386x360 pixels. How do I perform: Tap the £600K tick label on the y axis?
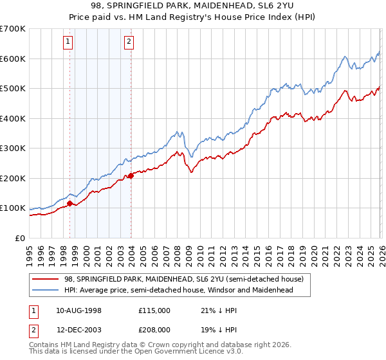(x=12, y=59)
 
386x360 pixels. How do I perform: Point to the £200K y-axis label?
(x=12, y=178)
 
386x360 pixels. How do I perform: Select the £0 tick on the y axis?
(x=20, y=238)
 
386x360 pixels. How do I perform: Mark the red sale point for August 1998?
(x=69, y=203)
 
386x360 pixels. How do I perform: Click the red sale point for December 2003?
(x=131, y=175)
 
